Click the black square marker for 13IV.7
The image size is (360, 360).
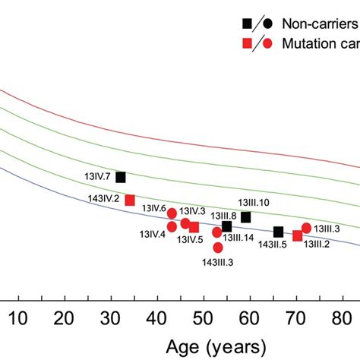tap(121, 177)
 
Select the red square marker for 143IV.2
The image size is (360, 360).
tap(130, 200)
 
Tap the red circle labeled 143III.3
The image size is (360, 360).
tap(218, 248)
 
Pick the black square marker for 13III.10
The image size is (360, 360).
tap(245, 217)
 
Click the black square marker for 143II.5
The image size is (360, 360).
tap(278, 232)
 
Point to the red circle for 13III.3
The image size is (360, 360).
tap(306, 228)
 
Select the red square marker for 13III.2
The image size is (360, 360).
tap(297, 236)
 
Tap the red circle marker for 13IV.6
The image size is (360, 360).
tap(172, 213)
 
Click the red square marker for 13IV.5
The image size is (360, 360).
tap(194, 227)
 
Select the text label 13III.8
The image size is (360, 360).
tap(223, 216)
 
